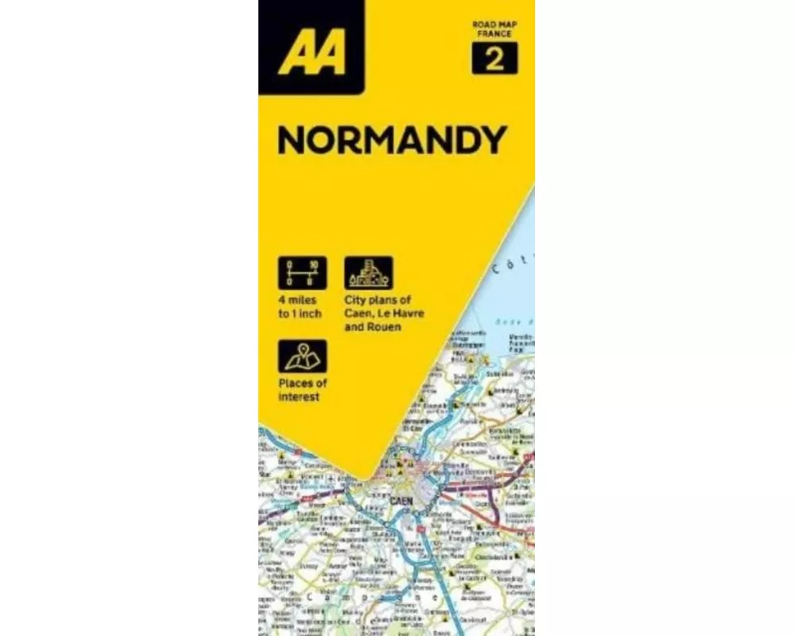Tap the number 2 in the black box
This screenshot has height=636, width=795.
(494, 60)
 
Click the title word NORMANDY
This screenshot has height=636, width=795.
(392, 141)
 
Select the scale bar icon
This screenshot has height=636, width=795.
(302, 272)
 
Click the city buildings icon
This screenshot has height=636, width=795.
(368, 272)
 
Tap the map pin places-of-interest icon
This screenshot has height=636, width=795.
(302, 355)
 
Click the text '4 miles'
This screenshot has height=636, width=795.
(297, 301)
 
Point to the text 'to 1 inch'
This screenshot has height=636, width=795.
(300, 313)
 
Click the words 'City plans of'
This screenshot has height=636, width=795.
(378, 301)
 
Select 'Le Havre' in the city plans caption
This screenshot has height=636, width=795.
(403, 313)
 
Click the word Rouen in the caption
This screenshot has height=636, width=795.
(385, 326)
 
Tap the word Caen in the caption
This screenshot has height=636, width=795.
(358, 313)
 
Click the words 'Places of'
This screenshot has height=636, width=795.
(302, 384)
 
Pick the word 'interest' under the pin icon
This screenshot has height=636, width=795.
(299, 397)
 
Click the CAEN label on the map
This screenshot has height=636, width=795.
(401, 500)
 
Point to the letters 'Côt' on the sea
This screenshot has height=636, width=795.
(506, 268)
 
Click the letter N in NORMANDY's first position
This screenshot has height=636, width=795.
(289, 141)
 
